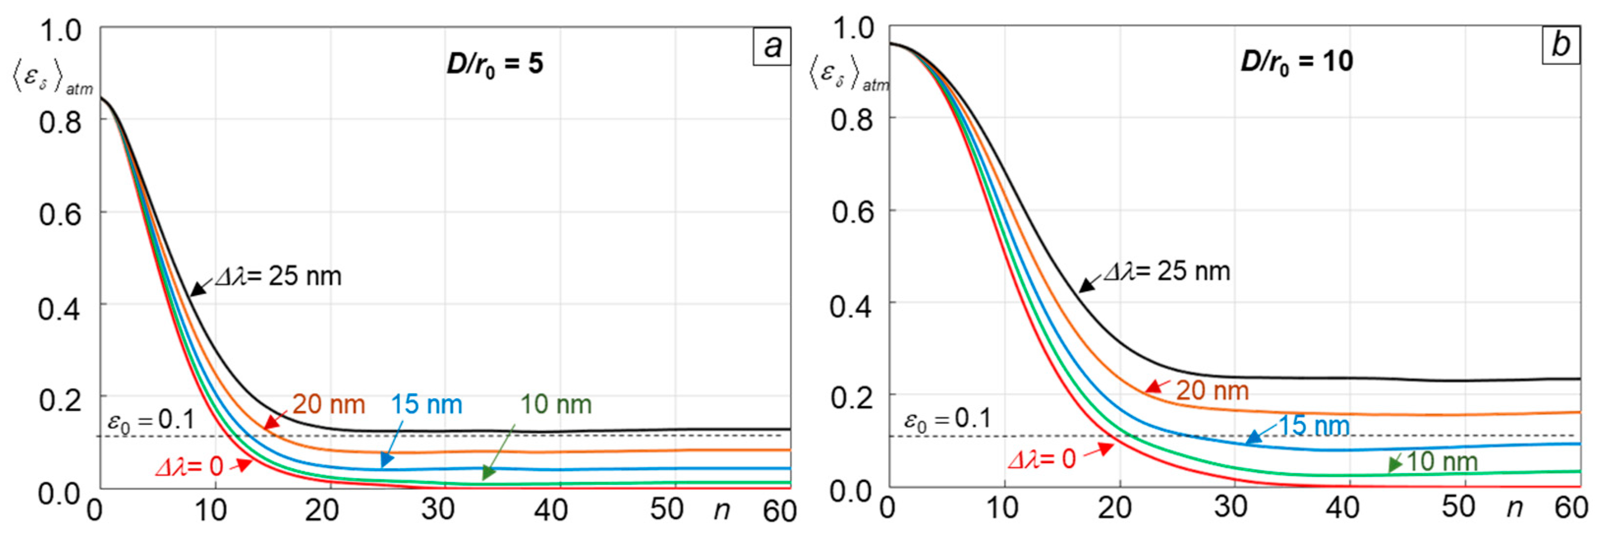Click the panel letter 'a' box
tap(771, 46)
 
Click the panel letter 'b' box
tap(1560, 44)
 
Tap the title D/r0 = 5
tap(494, 64)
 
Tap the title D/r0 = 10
tap(1296, 61)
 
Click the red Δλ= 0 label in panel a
tap(189, 466)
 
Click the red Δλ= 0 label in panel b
tap(1042, 459)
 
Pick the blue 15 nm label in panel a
tap(426, 405)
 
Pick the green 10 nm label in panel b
tap(1441, 462)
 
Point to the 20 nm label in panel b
tap(1212, 391)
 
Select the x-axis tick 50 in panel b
tap(1458, 508)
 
